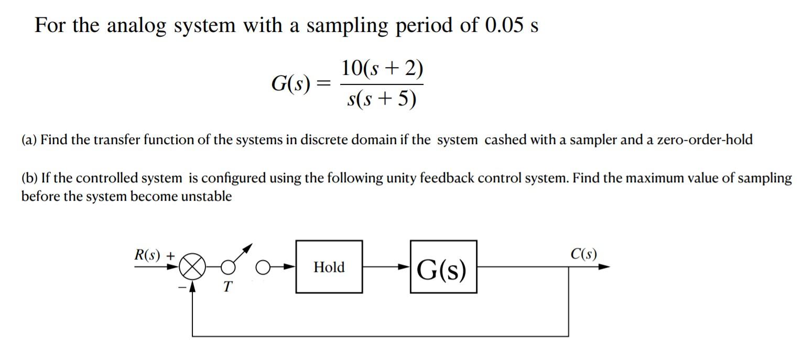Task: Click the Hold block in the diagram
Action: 329,267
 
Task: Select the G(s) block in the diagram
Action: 443,267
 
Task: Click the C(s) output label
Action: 583,255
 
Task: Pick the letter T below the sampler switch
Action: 227,287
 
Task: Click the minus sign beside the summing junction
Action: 181,287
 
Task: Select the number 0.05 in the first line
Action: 504,26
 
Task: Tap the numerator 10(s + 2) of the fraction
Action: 382,68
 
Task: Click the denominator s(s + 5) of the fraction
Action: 382,99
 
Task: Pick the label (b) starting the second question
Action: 29,178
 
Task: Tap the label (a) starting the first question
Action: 29,140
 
